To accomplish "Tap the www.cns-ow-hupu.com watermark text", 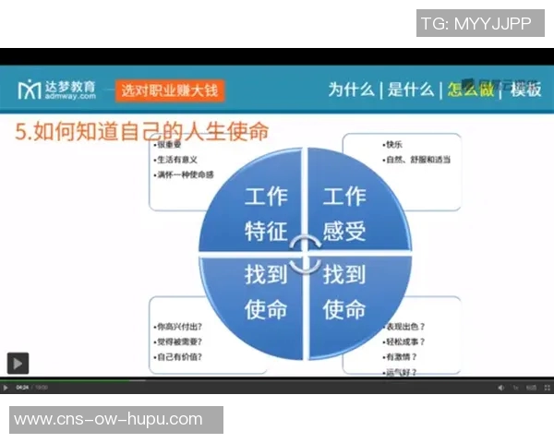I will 109,419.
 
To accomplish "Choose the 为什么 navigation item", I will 352,90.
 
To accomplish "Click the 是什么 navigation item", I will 410,90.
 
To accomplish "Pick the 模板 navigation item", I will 525,90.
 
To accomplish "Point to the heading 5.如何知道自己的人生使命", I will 143,132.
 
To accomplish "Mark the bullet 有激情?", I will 402,356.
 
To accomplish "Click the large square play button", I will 18,363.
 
